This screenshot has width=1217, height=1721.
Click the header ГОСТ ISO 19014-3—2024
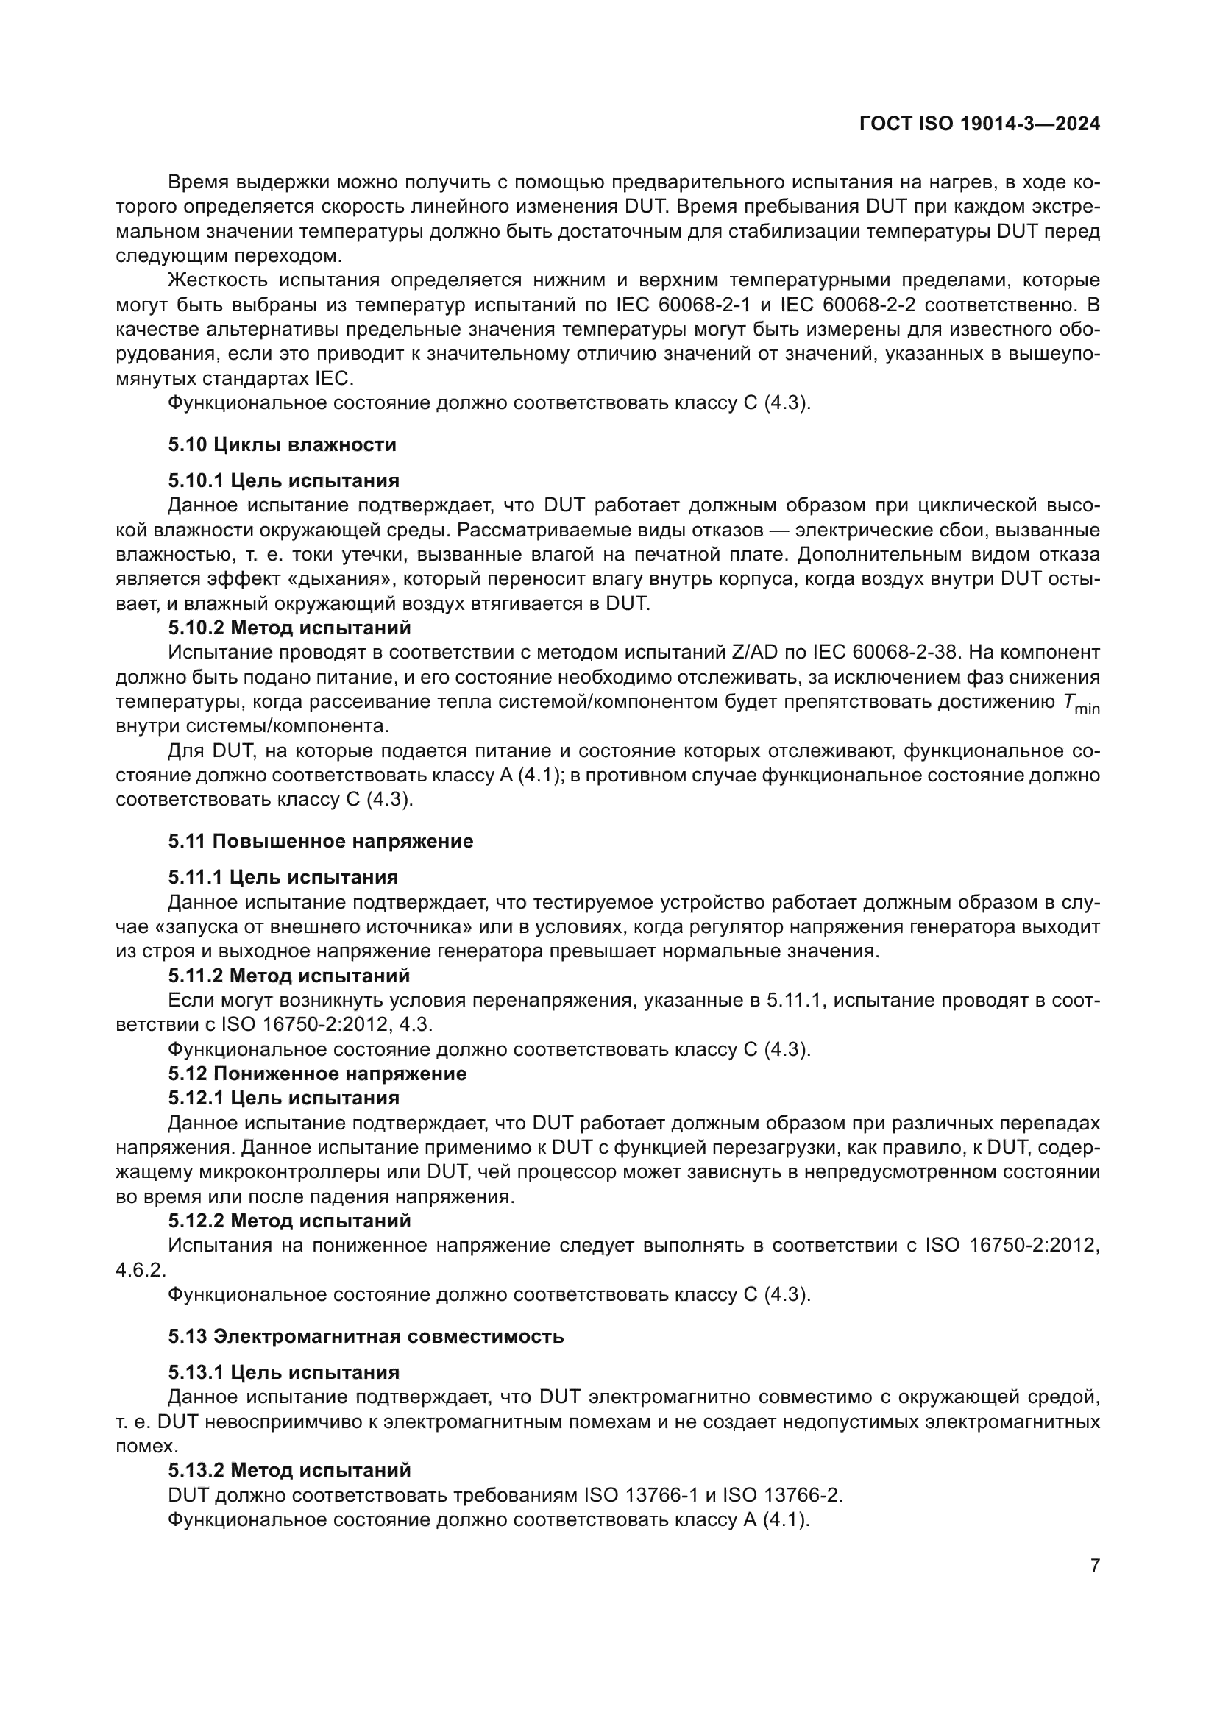tap(979, 124)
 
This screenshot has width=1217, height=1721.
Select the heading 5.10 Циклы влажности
tap(282, 445)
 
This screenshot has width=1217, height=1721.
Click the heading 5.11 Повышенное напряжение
tap(320, 841)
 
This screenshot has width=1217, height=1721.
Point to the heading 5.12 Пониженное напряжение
tap(317, 1074)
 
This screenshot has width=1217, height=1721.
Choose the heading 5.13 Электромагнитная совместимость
tap(366, 1335)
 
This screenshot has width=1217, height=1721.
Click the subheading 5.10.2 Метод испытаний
tap(289, 627)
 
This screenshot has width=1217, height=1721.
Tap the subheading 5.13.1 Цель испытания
tap(283, 1372)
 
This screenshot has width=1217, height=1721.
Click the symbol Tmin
tap(1080, 703)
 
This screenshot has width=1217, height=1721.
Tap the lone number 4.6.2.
tap(141, 1270)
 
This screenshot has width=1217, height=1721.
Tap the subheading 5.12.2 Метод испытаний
tap(289, 1220)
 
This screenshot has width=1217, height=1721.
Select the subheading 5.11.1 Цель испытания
tap(283, 877)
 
